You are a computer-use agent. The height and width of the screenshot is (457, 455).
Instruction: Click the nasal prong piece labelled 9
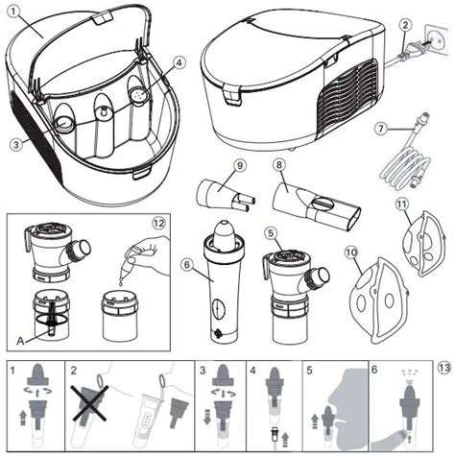point(221,194)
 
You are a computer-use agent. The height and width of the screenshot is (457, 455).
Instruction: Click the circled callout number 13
point(442,366)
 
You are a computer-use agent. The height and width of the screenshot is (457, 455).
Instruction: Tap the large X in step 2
point(92,399)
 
